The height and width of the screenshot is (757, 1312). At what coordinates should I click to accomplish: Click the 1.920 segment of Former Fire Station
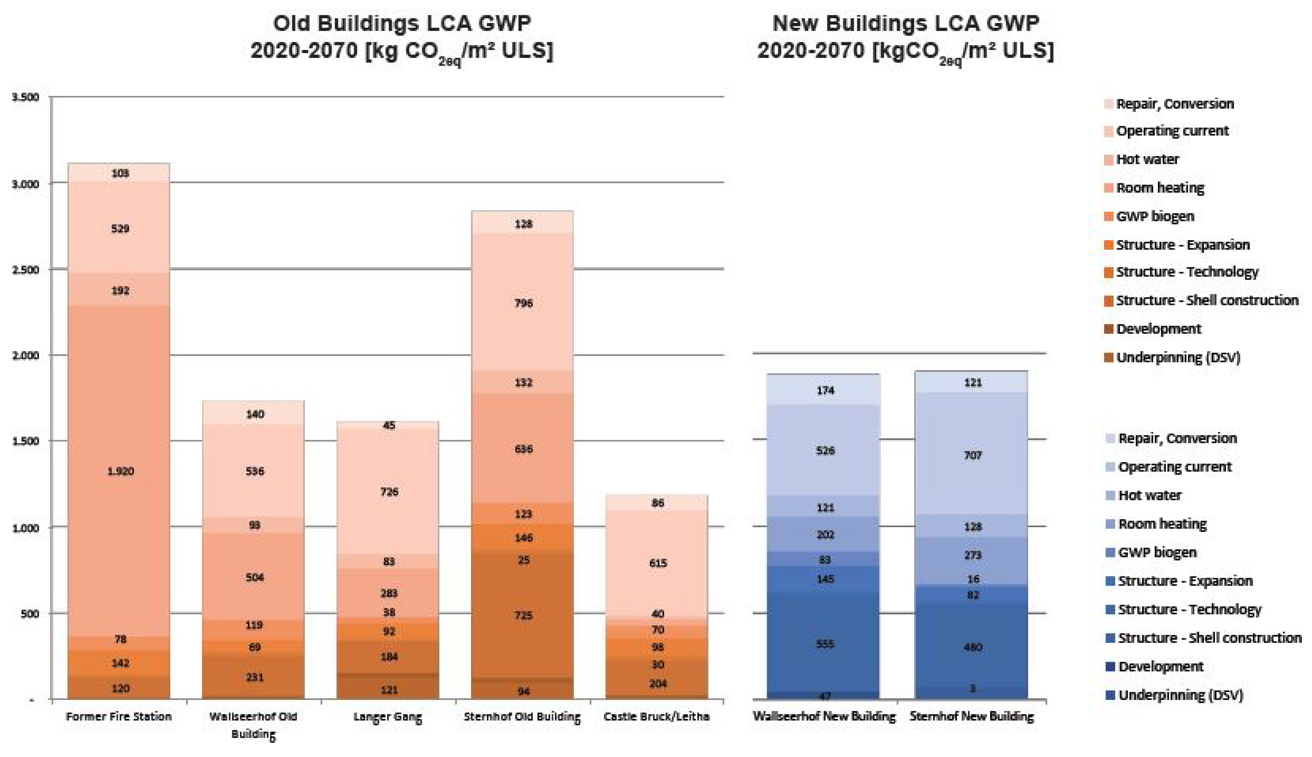point(120,471)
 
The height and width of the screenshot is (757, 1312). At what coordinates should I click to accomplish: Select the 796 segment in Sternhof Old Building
point(522,303)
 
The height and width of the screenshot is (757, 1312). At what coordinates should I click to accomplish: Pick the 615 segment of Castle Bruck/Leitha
point(657,563)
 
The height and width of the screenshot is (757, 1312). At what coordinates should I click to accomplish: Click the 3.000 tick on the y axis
point(25,184)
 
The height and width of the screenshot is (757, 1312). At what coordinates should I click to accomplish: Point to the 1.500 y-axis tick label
point(25,441)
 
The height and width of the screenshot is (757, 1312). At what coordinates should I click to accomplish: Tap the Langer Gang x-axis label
point(387,716)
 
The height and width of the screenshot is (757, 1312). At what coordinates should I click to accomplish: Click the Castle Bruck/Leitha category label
point(656,716)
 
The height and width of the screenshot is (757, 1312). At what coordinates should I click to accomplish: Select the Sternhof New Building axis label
point(971,716)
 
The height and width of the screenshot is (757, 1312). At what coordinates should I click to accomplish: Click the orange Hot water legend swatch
point(1109,160)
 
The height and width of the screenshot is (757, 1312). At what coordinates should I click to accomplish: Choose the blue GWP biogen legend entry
point(1157,552)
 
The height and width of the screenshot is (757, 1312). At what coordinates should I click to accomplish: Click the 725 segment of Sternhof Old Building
point(522,615)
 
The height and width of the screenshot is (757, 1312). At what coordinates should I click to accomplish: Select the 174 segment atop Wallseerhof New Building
point(824,390)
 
